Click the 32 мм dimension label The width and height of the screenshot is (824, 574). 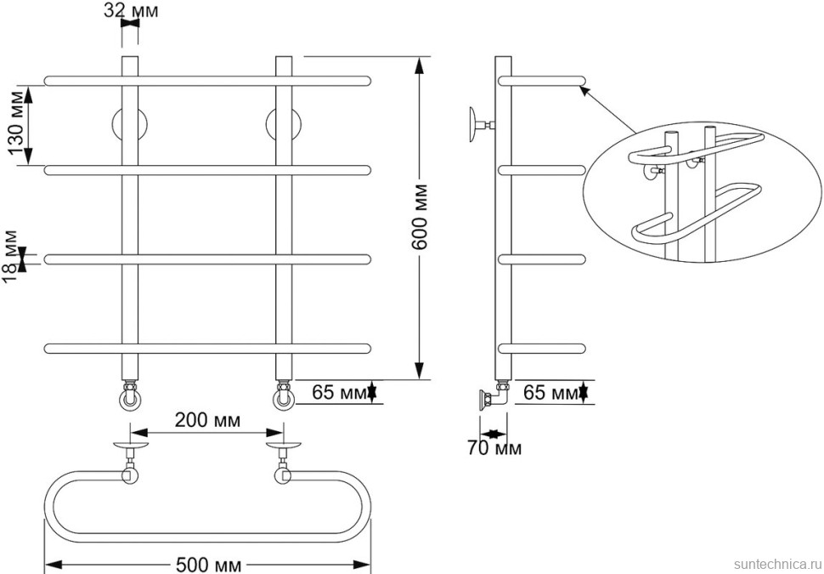tap(130, 10)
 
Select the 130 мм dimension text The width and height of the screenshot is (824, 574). tap(17, 126)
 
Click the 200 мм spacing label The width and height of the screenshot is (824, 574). tap(207, 420)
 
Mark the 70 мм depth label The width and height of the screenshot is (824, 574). tap(494, 448)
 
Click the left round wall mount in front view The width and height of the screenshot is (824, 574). tap(130, 125)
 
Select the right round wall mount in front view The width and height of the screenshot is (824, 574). tap(283, 125)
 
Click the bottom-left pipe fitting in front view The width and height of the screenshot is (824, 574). tap(130, 395)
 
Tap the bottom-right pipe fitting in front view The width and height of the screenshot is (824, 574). tap(283, 395)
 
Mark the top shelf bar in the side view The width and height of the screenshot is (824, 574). tap(541, 81)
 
